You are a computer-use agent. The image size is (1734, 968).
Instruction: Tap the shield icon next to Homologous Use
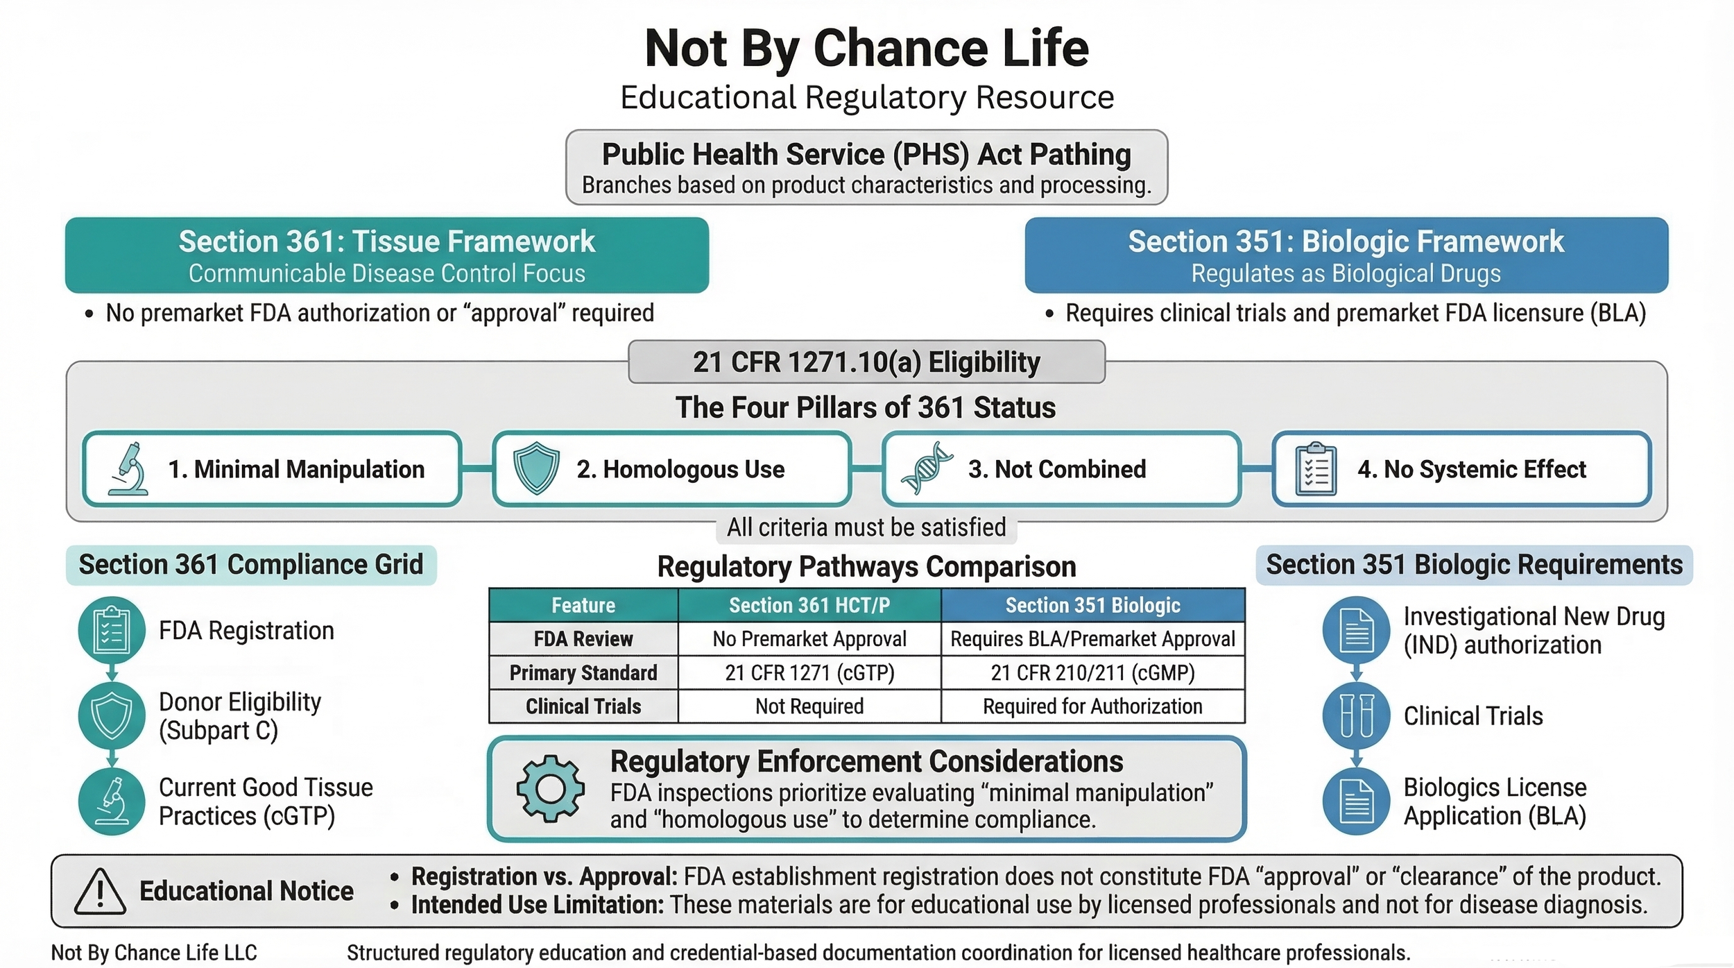point(535,469)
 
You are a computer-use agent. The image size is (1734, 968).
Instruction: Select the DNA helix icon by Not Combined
point(927,469)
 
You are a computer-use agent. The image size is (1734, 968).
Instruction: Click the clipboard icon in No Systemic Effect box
point(1316,470)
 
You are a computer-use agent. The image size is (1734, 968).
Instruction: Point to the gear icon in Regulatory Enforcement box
point(550,789)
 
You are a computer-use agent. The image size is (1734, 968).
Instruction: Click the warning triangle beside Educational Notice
point(100,892)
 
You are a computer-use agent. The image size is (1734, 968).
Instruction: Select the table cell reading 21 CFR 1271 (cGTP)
point(809,672)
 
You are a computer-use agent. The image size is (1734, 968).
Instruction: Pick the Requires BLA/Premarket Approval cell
point(1092,639)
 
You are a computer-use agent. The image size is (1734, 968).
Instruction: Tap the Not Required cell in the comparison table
point(809,706)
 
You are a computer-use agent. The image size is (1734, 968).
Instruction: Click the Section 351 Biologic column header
point(1092,605)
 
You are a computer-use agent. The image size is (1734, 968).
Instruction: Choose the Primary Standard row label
point(583,672)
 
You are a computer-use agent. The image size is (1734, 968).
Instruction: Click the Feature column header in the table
point(583,605)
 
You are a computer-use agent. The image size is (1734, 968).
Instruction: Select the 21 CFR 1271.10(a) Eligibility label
point(866,362)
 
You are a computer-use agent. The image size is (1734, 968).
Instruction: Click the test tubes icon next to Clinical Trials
point(1356,716)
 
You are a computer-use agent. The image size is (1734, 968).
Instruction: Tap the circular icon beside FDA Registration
point(112,630)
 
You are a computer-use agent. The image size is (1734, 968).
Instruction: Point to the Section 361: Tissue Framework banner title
point(386,241)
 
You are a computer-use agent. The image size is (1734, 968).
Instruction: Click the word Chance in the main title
point(900,49)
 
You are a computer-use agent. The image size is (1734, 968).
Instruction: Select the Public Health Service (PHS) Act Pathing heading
point(866,154)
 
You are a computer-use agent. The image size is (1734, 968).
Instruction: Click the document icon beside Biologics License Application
point(1356,801)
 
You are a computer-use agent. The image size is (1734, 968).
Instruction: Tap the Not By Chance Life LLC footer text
point(154,953)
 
